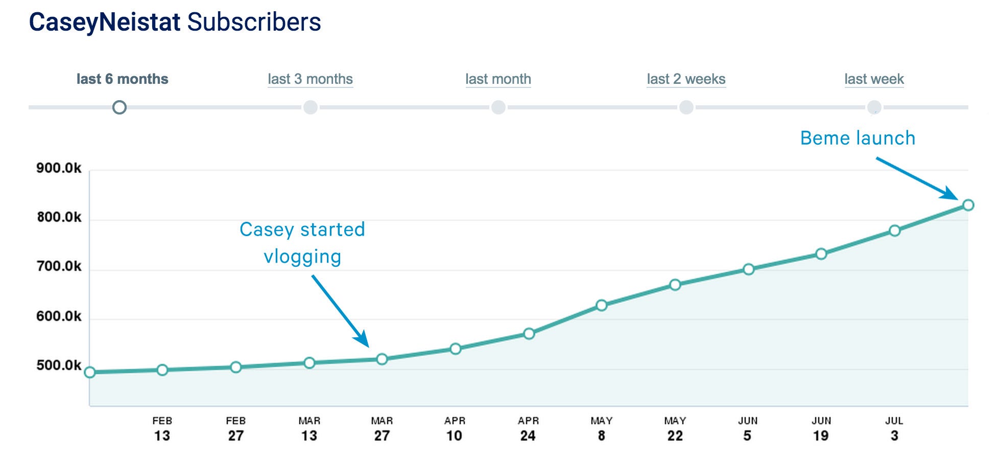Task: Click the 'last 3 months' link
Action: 310,79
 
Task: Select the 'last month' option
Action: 498,79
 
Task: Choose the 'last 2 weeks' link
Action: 686,79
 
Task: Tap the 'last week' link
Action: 874,79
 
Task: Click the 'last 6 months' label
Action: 122,79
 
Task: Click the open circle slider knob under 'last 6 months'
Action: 120,107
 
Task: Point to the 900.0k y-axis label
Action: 59,168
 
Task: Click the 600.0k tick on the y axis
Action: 59,316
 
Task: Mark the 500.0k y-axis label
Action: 59,365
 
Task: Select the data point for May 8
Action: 602,306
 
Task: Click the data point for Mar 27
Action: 382,359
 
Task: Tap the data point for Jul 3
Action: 894,230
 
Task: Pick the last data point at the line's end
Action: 968,205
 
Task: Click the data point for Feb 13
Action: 162,370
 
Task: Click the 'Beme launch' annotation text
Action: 858,138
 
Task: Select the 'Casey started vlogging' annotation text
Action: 302,243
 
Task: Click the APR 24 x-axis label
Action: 528,429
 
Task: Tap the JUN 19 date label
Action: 821,429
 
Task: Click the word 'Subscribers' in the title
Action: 254,22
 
